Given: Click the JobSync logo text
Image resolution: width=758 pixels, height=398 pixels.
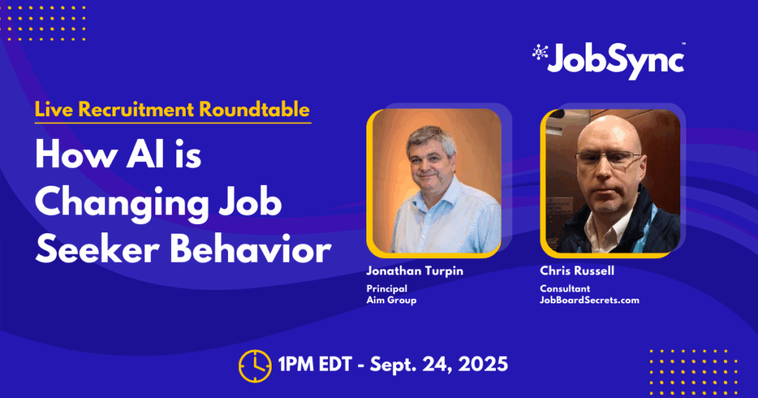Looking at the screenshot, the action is click(616, 61).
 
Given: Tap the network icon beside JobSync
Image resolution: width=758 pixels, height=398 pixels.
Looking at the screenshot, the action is click(540, 53).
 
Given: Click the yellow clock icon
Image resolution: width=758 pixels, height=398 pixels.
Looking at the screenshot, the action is click(255, 365).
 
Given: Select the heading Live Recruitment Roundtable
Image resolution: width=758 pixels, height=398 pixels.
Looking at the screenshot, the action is click(172, 109).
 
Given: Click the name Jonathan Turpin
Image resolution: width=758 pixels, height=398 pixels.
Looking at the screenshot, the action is click(415, 271).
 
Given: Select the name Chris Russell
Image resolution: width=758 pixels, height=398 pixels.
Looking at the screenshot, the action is click(577, 271).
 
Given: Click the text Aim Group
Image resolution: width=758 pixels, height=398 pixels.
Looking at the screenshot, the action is click(391, 300).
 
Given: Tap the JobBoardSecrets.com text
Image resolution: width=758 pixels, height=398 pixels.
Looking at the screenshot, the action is click(589, 300).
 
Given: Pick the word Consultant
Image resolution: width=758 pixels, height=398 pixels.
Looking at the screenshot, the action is click(565, 289).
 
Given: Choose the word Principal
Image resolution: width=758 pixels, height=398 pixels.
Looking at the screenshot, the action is click(386, 289).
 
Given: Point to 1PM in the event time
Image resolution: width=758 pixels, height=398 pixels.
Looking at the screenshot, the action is click(296, 364).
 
